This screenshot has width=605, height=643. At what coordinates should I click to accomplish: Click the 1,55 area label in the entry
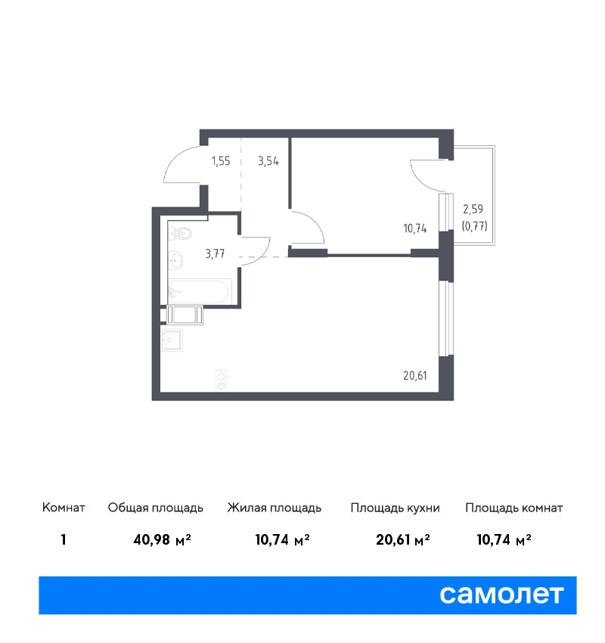(x=221, y=161)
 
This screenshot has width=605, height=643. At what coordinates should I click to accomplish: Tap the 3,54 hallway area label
(x=268, y=161)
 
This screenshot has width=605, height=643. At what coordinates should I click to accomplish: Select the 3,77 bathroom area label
(x=216, y=254)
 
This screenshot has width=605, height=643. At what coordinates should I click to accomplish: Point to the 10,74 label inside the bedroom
(x=415, y=228)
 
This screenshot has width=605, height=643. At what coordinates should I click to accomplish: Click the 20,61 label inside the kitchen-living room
(x=415, y=376)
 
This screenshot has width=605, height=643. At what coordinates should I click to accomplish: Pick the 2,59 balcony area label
(x=473, y=209)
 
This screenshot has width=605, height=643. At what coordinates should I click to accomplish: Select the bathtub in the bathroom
(x=200, y=291)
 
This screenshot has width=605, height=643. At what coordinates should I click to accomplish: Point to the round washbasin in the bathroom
(x=176, y=260)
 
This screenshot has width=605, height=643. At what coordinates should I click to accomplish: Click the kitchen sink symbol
(x=172, y=340)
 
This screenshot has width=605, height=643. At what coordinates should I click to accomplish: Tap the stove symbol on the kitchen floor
(x=222, y=381)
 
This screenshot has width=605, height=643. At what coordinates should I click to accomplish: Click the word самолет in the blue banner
(x=501, y=595)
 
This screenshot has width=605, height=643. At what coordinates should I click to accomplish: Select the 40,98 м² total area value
(x=162, y=539)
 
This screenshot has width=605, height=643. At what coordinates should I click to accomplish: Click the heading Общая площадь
(x=155, y=508)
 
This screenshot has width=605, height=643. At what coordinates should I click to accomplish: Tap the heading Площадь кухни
(x=395, y=508)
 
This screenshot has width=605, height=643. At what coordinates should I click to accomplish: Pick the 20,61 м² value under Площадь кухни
(x=403, y=539)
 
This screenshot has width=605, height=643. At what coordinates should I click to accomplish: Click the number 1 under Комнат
(x=63, y=539)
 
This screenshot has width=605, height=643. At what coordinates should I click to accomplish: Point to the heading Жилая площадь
(x=275, y=508)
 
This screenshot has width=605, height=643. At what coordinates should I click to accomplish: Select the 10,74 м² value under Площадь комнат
(x=504, y=539)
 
